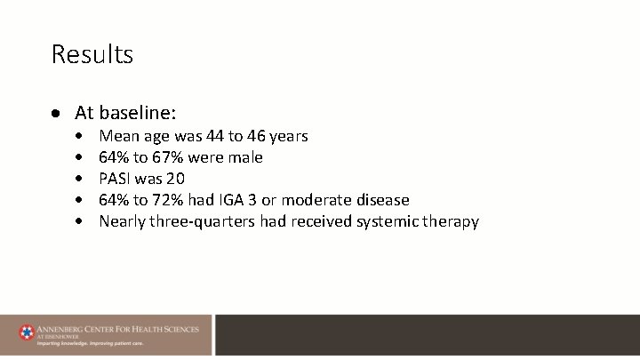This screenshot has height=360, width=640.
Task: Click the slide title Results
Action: point(92,54)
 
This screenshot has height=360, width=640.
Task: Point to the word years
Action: point(289,137)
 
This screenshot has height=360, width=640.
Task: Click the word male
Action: point(244,157)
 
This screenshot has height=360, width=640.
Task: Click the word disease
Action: point(382,200)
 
